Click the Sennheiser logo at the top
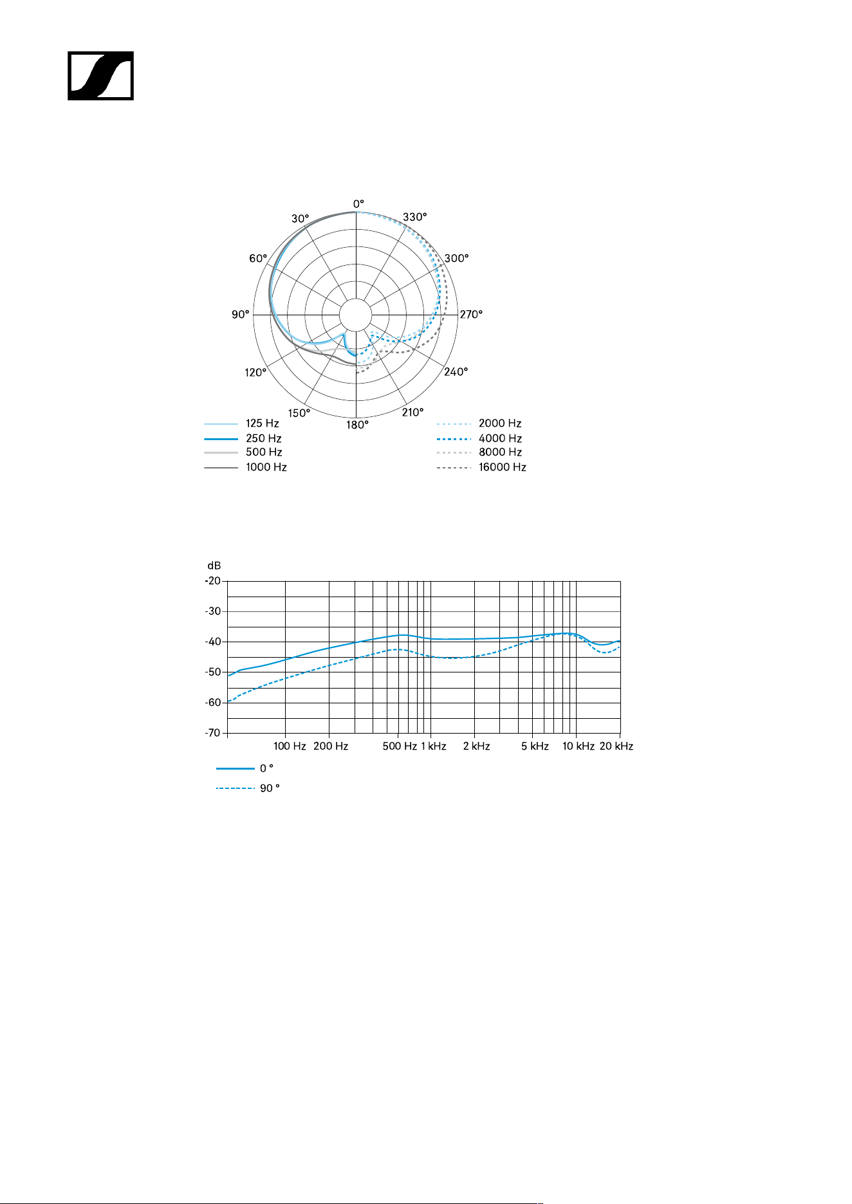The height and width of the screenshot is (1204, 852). click(101, 76)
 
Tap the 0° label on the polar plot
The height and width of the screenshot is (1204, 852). click(358, 204)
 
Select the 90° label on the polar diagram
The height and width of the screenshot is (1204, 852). click(240, 314)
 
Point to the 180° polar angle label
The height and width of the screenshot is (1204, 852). click(357, 425)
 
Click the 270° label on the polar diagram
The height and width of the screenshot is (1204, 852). click(471, 314)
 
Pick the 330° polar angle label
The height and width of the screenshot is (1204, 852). click(415, 217)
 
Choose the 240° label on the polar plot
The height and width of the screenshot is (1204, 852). click(456, 372)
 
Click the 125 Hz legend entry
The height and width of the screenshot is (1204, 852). click(242, 423)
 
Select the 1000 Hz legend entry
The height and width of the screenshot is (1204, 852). click(246, 467)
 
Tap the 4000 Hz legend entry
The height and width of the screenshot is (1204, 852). click(479, 438)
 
